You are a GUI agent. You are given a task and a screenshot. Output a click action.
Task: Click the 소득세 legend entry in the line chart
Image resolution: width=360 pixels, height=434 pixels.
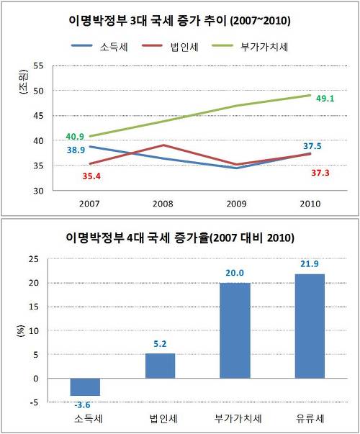pos(99,47)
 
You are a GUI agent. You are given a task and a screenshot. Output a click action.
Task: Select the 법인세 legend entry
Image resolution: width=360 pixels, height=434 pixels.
pos(170,47)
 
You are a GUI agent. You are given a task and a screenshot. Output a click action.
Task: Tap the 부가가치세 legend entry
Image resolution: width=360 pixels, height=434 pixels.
pos(250,47)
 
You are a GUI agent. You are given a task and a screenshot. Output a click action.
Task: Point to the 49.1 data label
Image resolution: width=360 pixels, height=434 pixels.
pos(325,99)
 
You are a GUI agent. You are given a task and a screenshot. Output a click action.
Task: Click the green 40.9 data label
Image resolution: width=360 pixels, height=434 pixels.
pos(75,137)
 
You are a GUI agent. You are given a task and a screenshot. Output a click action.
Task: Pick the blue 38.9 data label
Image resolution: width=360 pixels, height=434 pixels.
pos(76,150)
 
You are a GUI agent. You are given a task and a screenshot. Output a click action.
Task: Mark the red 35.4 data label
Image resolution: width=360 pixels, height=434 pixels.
pos(91,176)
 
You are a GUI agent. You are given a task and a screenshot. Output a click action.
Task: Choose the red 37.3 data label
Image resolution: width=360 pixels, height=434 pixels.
pos(320,173)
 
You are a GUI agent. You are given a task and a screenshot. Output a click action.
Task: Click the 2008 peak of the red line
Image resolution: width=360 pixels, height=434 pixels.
pos(163,145)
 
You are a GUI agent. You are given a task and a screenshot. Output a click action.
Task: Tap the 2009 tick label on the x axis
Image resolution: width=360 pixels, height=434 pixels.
pos(236,204)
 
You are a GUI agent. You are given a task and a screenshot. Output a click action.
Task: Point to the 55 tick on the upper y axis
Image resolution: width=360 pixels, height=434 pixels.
pos(38,66)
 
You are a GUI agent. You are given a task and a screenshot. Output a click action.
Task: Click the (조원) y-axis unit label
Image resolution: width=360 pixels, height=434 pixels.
pos(24,82)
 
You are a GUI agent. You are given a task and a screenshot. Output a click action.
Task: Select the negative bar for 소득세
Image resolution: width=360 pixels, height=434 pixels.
pos(85,387)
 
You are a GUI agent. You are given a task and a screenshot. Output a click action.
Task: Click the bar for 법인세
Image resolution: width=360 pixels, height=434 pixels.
pos(160,366)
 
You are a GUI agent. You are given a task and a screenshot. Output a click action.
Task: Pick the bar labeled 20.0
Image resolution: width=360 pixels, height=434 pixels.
pos(235,330)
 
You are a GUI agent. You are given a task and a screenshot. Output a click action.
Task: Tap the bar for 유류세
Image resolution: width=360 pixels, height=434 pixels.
pos(310,326)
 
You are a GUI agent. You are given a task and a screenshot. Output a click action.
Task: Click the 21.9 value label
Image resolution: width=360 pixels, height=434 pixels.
pos(310,263)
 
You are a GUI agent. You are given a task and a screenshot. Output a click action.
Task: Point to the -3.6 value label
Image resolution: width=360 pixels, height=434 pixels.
pos(83,405)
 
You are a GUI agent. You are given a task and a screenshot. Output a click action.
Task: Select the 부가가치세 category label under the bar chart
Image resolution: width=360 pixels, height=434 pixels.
pos(238,418)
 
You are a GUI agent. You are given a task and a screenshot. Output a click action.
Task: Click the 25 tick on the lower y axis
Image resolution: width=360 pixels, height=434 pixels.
pos(34,259)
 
